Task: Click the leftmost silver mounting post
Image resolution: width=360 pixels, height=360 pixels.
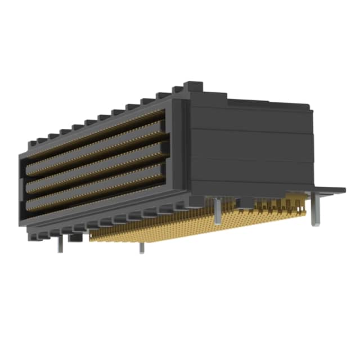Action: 60,244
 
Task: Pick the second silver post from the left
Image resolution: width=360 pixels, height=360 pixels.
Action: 142,246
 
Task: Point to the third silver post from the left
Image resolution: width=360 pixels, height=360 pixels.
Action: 217,210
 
